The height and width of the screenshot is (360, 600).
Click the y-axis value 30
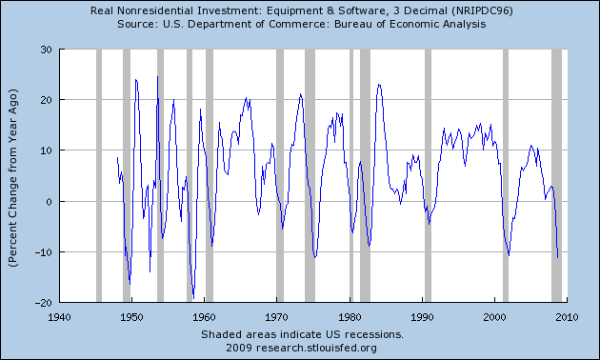pyautogui.click(x=45, y=50)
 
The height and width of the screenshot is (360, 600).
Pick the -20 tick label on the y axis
pyautogui.click(x=42, y=303)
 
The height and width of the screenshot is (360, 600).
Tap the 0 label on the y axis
pyautogui.click(x=48, y=202)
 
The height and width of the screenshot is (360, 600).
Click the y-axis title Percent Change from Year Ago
pyautogui.click(x=17, y=176)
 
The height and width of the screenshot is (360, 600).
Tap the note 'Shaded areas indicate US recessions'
pyautogui.click(x=302, y=335)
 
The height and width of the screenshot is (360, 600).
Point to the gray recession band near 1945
pyautogui.click(x=99, y=176)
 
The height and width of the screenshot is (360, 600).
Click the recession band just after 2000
pyautogui.click(x=506, y=176)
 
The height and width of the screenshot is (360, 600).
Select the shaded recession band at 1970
pyautogui.click(x=280, y=176)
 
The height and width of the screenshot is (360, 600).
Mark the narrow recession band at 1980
pyautogui.click(x=351, y=176)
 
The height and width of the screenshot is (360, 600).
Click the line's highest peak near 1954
pyautogui.click(x=158, y=76)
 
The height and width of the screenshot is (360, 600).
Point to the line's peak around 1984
pyautogui.click(x=379, y=85)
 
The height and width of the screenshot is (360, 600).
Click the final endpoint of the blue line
pyautogui.click(x=558, y=257)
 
